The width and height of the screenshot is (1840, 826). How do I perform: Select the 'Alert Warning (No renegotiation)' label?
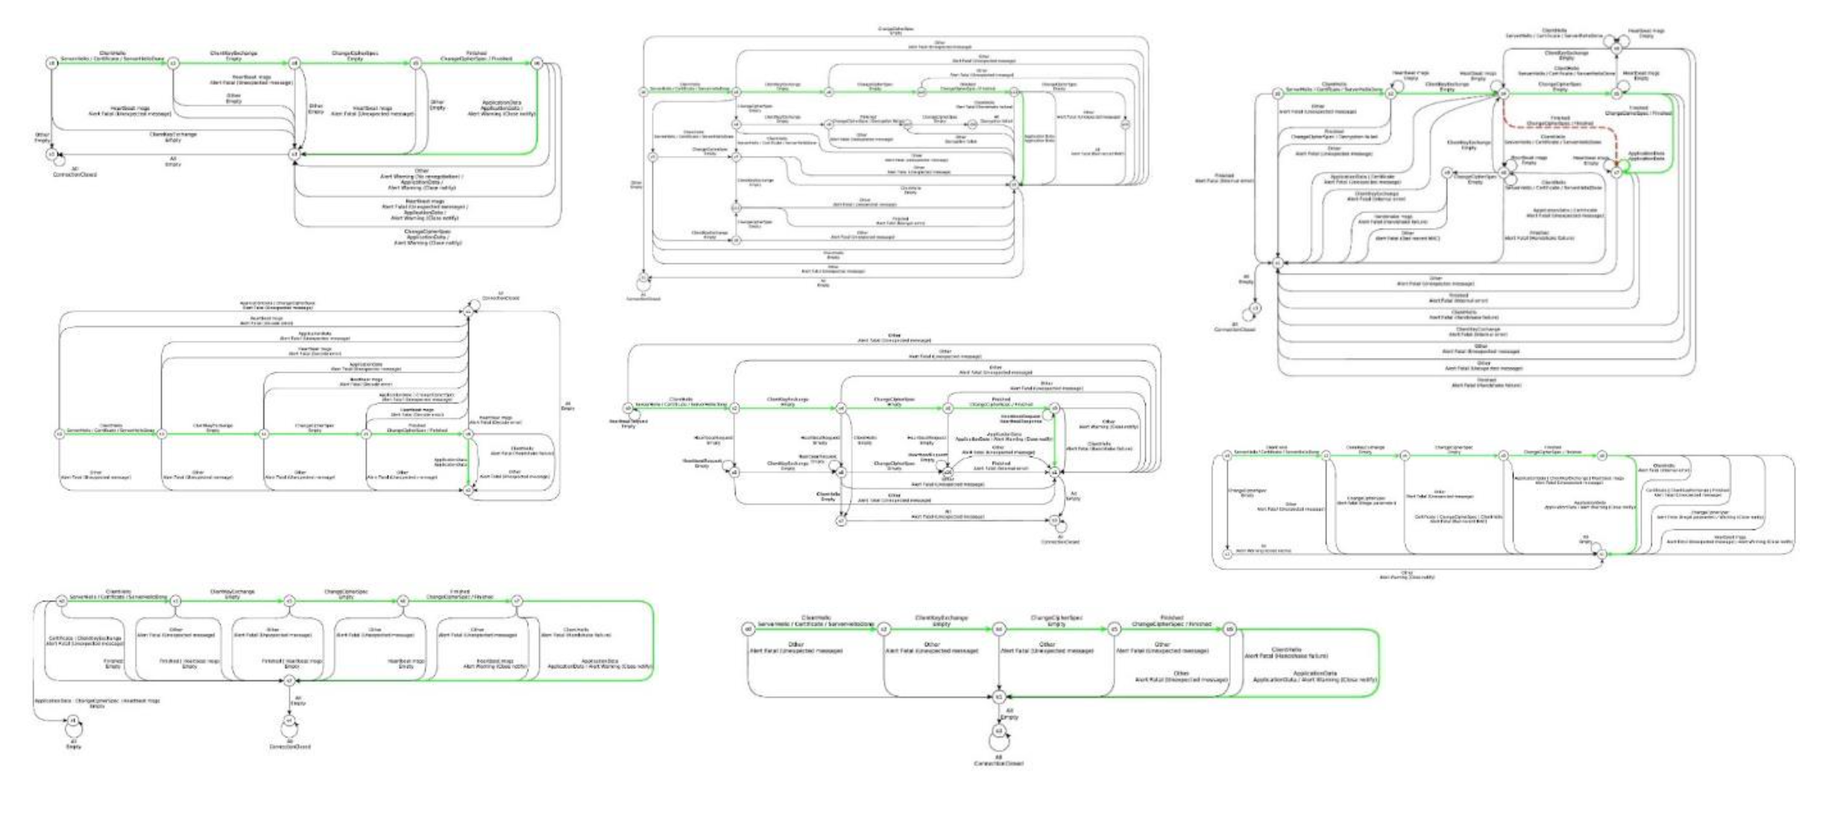[x=421, y=177]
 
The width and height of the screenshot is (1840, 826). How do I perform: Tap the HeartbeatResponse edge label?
[x=1021, y=418]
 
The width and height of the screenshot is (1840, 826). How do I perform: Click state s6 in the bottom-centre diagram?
[x=1229, y=629]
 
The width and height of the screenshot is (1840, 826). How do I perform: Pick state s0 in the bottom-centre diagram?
[x=748, y=629]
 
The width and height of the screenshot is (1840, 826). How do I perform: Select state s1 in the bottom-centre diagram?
[x=999, y=697]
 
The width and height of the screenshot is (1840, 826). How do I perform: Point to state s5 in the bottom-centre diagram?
[x=1114, y=629]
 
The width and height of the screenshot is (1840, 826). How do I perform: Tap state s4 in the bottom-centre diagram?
[x=999, y=629]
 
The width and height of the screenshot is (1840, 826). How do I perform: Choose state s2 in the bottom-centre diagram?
[x=883, y=629]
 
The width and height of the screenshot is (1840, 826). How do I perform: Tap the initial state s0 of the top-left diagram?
[x=51, y=63]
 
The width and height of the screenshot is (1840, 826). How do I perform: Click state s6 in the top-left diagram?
[x=537, y=63]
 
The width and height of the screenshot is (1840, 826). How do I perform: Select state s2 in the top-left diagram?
[x=173, y=63]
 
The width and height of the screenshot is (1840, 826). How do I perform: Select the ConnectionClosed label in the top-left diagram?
[x=75, y=174]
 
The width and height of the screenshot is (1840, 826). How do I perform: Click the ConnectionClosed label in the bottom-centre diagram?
[x=998, y=763]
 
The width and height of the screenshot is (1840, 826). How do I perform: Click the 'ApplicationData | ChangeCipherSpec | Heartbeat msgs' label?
[x=97, y=701]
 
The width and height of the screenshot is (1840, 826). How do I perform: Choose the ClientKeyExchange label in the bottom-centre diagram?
[x=941, y=618]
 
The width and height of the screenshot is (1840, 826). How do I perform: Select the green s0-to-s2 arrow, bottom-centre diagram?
[x=816, y=629]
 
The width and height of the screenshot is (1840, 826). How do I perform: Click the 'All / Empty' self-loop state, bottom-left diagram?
[x=72, y=721]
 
